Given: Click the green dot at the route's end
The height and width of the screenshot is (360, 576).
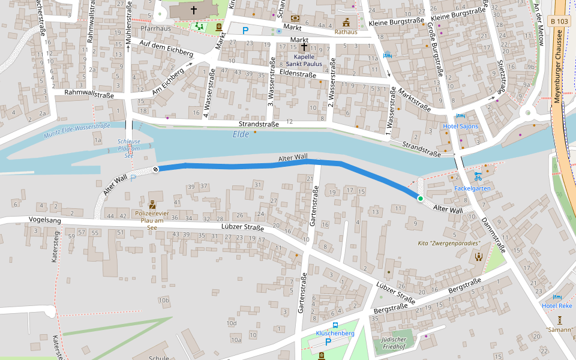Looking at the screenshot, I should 421,199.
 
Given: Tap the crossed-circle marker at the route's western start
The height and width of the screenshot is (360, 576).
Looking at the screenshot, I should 156,169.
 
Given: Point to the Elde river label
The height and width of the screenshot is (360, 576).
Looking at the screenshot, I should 241,134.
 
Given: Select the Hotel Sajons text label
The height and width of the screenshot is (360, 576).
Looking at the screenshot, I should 461,127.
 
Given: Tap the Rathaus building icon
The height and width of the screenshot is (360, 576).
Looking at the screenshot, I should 346,22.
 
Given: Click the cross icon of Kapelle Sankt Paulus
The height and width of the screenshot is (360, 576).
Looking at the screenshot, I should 304,47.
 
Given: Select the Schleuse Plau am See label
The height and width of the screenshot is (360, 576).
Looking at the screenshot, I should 129,148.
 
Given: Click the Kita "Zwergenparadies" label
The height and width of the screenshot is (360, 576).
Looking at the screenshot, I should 449,244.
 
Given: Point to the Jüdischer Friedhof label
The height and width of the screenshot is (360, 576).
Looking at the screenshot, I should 394,343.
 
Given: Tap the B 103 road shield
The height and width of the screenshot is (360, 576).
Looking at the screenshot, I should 559,22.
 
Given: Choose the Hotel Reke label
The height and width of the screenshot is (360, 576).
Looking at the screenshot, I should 557,306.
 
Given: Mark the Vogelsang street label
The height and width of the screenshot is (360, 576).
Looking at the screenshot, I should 45,220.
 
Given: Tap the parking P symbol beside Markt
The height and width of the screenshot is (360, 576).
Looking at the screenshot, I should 245,30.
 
